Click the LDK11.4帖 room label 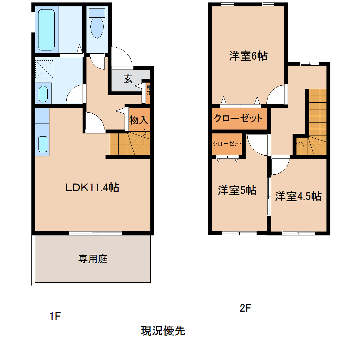(x=92, y=187)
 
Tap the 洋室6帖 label (x=248, y=56)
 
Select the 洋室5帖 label (x=237, y=191)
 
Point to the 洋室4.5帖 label (x=298, y=196)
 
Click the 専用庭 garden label (x=93, y=259)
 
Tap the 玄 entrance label (x=128, y=79)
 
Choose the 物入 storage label (x=138, y=120)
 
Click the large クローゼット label (x=239, y=118)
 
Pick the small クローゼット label (x=227, y=144)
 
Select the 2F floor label (x=245, y=308)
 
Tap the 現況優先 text (x=163, y=331)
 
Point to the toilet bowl (x=97, y=26)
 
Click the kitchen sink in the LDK (x=43, y=143)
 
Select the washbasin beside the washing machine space (x=43, y=94)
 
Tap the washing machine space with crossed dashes (x=44, y=69)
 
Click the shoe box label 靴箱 (x=149, y=91)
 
